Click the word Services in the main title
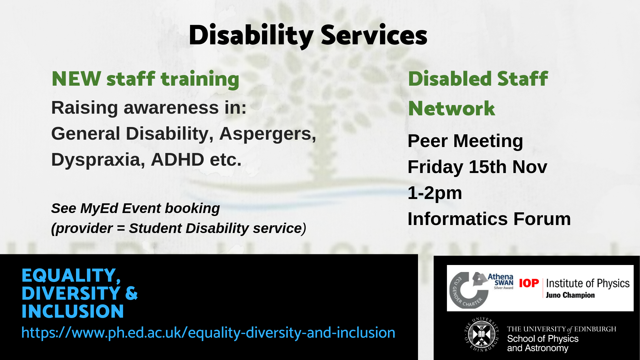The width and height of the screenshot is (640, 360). coord(374,35)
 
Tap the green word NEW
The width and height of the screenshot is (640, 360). coord(76,79)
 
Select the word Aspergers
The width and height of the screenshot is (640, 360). coord(268,134)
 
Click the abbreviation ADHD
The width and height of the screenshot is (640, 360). coord(177,159)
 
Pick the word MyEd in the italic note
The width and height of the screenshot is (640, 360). coord(99,209)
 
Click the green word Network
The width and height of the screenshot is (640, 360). coord(452,109)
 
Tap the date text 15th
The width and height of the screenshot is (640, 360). coord(488,167)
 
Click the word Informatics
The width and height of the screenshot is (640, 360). coord(458,219)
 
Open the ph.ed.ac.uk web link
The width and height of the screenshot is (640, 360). coord(208,333)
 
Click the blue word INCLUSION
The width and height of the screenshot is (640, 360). coord(73,311)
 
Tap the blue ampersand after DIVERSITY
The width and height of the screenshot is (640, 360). coord(131,293)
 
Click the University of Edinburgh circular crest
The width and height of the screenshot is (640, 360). coord(482,334)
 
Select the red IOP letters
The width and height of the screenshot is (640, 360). coord(529,283)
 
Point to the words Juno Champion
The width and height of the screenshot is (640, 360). coord(570,295)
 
